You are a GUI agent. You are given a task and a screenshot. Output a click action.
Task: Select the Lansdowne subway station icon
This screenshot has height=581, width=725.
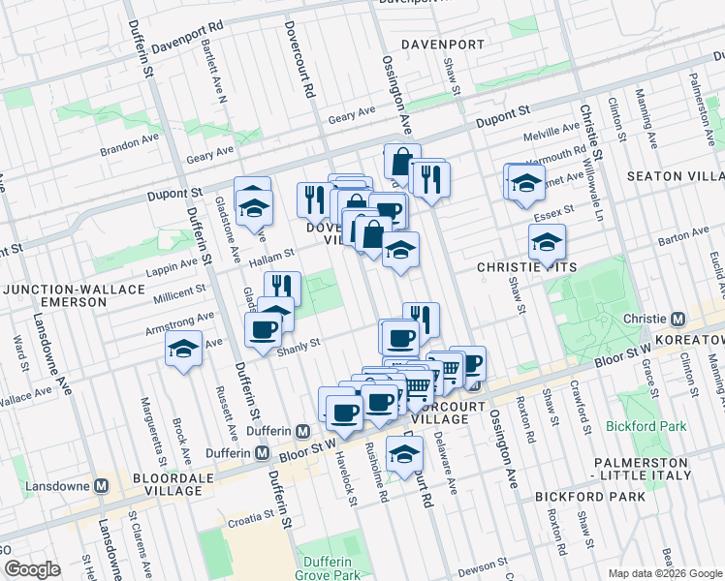pyautogui.click(x=101, y=486)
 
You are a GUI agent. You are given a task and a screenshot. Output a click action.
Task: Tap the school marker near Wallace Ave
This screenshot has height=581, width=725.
pyautogui.click(x=182, y=350)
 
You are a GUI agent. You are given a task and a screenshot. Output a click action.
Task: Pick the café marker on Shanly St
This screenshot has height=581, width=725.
pyautogui.click(x=263, y=330)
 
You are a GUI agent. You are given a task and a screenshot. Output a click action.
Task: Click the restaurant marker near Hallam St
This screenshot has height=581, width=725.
pyautogui.click(x=282, y=288)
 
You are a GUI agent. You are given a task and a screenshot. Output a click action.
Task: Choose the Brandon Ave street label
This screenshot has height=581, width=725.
pyautogui.click(x=129, y=152)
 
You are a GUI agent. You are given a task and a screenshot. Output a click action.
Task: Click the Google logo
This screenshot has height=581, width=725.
pyautogui.click(x=32, y=569)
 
